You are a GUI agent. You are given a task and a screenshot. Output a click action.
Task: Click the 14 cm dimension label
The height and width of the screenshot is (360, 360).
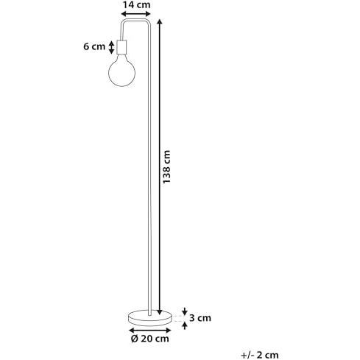136,4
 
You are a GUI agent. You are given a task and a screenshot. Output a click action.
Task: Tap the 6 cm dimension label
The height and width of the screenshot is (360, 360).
94,46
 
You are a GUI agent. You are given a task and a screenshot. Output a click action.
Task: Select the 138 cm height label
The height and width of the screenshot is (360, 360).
166,166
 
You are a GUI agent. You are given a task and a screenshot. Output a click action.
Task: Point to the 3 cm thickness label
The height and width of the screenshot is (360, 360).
200,318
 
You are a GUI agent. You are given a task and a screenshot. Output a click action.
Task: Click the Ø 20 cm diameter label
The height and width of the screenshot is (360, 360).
150,339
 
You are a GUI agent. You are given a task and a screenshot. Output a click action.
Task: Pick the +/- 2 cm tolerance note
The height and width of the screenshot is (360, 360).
260,355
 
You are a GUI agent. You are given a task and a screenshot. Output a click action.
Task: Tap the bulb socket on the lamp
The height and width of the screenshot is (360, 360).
121,47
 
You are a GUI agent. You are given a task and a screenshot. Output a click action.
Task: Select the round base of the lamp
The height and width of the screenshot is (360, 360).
149,318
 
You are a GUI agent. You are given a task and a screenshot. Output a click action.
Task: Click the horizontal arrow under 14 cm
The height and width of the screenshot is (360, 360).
136,13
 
